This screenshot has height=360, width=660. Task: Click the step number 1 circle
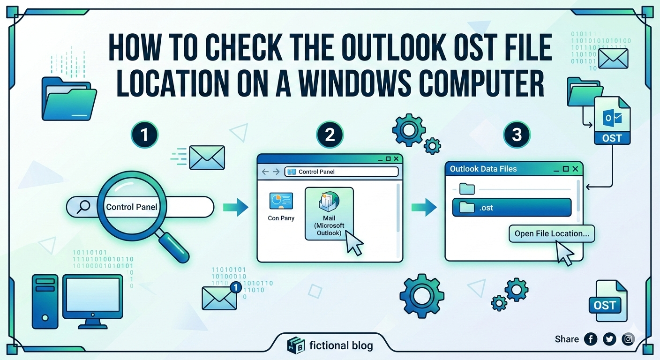[x=144, y=135]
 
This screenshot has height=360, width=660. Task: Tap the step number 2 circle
[x=330, y=135]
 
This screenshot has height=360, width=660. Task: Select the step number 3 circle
[x=517, y=135]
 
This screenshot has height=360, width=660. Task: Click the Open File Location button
[x=552, y=233]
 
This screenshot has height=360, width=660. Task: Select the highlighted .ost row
[x=512, y=208]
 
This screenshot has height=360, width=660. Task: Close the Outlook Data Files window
[x=575, y=169]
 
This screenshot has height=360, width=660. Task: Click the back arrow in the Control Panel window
[x=265, y=172]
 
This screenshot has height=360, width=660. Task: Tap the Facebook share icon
[x=591, y=339]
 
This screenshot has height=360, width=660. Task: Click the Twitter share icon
[x=609, y=339]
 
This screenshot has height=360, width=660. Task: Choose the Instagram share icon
[x=628, y=339]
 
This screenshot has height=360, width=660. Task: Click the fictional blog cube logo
[x=296, y=345]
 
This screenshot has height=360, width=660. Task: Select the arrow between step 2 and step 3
[x=424, y=207]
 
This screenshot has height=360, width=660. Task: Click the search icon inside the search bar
[x=83, y=207]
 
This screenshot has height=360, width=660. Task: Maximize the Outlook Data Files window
[x=565, y=169]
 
